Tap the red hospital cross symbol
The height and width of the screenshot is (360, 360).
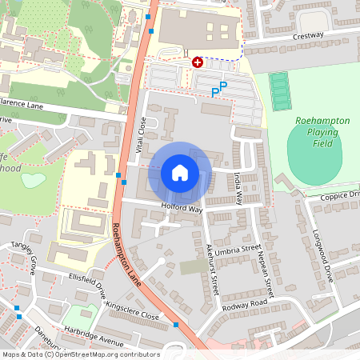coord(198,62)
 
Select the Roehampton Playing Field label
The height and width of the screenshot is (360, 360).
coord(322,131)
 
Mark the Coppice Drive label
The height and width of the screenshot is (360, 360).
coord(340,194)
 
